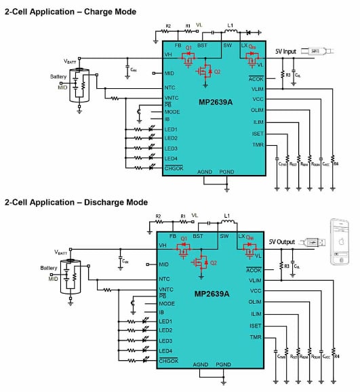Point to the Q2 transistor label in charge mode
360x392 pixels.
coord(215,72)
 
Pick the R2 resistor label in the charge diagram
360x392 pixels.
coord(167,26)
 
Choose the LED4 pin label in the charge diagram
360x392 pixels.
coord(170,158)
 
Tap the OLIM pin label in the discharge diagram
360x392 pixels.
coord(255,302)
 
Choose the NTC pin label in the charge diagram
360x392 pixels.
coord(170,88)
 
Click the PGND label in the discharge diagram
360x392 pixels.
coord(224,364)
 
